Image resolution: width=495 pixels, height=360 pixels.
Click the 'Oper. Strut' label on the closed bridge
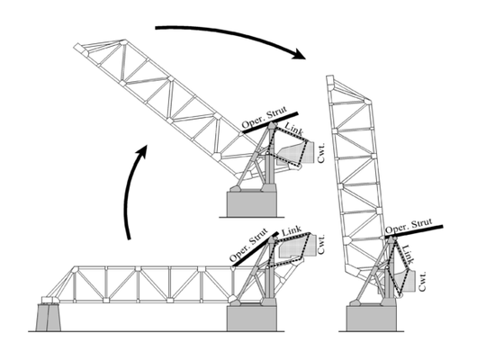(x=249, y=245)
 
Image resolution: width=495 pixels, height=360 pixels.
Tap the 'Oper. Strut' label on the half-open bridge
(x=265, y=117)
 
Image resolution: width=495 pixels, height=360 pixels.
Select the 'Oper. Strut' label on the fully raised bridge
(x=409, y=226)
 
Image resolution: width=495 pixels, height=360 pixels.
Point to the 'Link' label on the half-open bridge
(x=294, y=129)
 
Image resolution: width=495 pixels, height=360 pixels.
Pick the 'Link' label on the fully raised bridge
(x=408, y=255)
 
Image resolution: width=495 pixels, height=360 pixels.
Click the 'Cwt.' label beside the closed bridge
(x=321, y=244)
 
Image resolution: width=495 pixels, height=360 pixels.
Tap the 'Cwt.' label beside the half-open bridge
(x=321, y=153)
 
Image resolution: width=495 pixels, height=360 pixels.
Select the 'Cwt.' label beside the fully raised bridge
(x=422, y=282)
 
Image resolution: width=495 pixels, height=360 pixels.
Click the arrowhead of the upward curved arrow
(x=141, y=151)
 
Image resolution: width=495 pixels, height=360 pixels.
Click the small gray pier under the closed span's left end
(x=48, y=317)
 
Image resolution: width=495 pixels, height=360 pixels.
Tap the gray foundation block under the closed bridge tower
(x=252, y=319)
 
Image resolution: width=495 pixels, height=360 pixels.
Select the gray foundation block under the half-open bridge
(x=252, y=204)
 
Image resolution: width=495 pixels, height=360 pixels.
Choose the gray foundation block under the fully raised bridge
(x=371, y=319)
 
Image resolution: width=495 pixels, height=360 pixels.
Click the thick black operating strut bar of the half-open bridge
(x=270, y=121)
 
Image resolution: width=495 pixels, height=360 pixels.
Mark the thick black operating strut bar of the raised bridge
(x=414, y=231)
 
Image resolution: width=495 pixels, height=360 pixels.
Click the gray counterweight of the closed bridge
(x=297, y=246)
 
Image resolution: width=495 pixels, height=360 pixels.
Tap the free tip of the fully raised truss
(x=330, y=79)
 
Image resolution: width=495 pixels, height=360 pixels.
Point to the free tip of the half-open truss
(x=78, y=48)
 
